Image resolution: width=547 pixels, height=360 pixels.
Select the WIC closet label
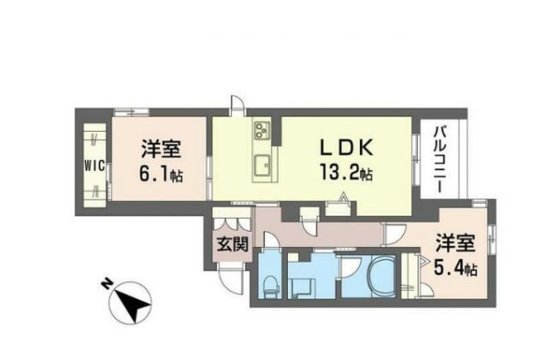pyautogui.click(x=95, y=166)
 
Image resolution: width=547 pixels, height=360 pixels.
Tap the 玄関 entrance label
pyautogui.click(x=231, y=245)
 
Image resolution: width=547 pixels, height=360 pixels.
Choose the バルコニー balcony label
pyautogui.click(x=442, y=159)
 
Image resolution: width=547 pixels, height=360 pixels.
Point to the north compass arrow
pyautogui.click(x=133, y=301)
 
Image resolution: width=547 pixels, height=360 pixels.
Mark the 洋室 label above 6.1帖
pyautogui.click(x=161, y=148)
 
